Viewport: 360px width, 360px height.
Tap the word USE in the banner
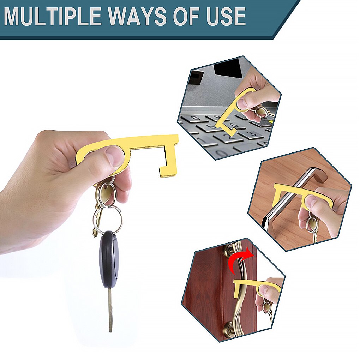coord(226,17)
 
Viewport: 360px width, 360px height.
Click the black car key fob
coord(108,258)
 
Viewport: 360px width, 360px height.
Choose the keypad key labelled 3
coord(253,134)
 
